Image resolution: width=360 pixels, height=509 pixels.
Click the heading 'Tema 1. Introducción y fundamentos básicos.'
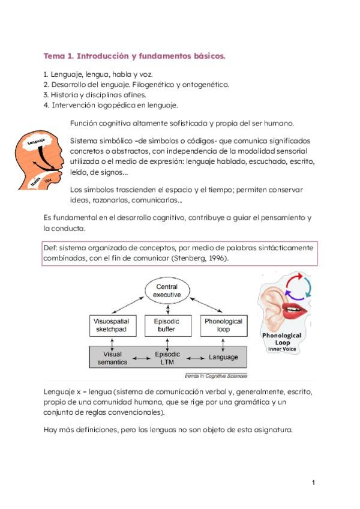[134, 56]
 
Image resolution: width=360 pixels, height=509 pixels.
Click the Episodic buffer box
[167, 326]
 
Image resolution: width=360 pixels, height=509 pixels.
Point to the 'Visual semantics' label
[113, 358]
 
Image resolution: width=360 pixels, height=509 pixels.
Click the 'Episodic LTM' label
[167, 358]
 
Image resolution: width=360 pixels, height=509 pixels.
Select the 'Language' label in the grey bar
[223, 358]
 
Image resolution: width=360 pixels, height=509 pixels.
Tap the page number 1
[313, 482]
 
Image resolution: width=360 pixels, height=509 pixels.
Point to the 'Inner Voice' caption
[282, 349]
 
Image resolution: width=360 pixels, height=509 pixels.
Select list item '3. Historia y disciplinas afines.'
[95, 95]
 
